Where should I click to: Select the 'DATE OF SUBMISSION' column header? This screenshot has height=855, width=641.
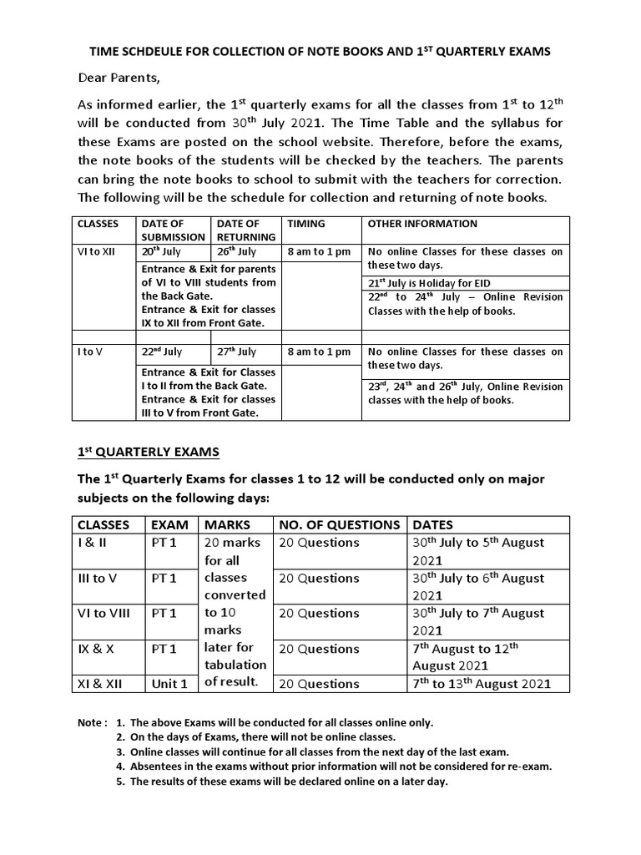(173, 230)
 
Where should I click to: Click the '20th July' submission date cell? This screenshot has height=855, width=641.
(161, 251)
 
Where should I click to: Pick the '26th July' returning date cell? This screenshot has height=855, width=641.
(236, 251)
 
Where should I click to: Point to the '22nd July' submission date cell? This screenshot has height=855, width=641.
(162, 352)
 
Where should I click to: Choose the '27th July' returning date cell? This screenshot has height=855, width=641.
(236, 352)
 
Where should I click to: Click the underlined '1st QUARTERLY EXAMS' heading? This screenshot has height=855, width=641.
(148, 452)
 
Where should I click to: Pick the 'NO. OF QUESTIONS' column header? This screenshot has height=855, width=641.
(339, 524)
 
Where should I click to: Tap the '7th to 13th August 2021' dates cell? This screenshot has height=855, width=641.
(482, 683)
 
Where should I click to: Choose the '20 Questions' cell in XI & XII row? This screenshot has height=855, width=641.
(319, 683)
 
